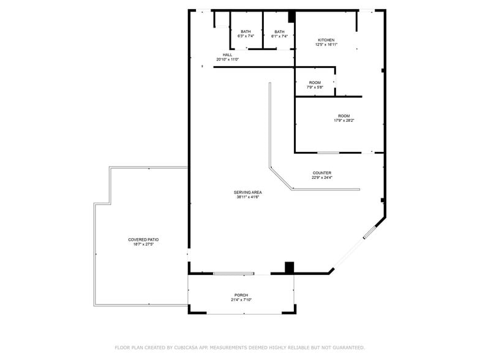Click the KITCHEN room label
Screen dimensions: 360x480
click(326, 40)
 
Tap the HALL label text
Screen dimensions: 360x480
click(227, 54)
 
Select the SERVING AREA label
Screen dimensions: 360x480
click(249, 192)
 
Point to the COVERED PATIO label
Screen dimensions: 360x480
click(144, 239)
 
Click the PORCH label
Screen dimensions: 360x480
click(241, 294)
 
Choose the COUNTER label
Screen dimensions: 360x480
click(321, 173)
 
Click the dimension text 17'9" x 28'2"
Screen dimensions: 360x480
click(343, 121)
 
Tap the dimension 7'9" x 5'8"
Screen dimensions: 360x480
click(315, 88)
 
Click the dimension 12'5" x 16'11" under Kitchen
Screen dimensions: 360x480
click(326, 45)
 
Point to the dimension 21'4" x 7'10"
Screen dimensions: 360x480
click(241, 299)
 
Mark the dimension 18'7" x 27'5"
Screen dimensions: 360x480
click(144, 244)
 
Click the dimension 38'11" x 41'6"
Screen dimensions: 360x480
click(249, 197)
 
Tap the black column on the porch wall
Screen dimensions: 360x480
click(290, 268)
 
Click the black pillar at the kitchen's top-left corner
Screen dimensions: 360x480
click(292, 17)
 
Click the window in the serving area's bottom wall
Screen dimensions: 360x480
click(233, 273)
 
